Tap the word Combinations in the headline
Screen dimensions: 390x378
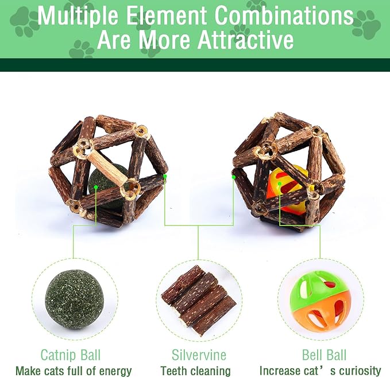point(284,15)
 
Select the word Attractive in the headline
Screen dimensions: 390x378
point(246,40)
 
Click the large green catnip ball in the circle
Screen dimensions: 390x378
point(75,299)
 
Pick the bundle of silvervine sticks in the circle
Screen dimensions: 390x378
point(199,301)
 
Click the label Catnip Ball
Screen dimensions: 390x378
point(71,354)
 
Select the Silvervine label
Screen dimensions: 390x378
point(199,354)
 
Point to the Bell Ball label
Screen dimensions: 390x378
point(324,354)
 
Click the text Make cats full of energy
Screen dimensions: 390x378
point(74,371)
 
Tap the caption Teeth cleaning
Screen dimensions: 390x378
point(195,371)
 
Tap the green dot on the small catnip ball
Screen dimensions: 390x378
point(96,186)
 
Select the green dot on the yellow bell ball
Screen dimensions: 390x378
point(280,184)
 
